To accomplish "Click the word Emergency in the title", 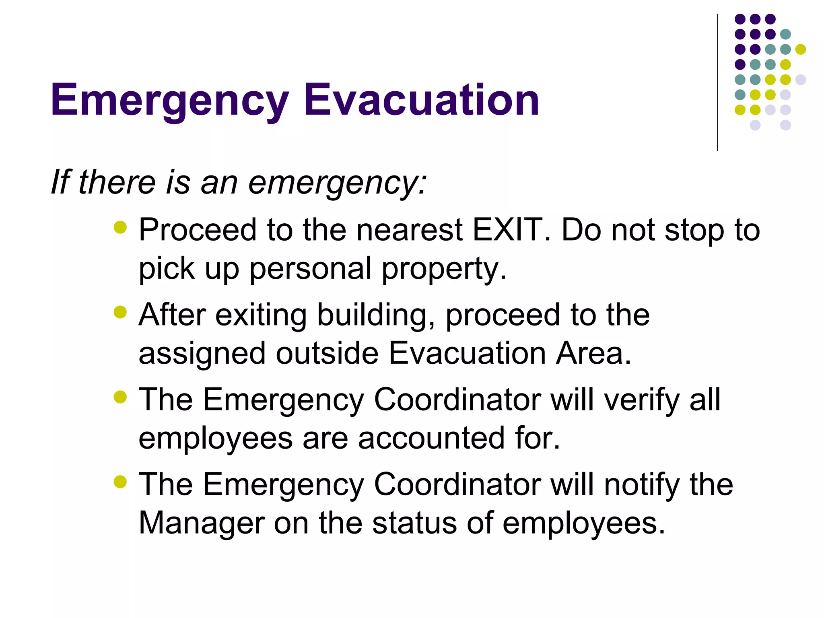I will [169, 101].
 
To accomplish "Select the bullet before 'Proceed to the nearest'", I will [120, 227].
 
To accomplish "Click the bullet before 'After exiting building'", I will [120, 312].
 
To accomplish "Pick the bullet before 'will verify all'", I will [120, 397].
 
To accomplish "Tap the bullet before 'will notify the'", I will [120, 482].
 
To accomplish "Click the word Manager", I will [201, 523].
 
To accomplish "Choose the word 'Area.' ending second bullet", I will [593, 353].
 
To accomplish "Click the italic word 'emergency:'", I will [337, 183].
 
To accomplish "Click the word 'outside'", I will [327, 353].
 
